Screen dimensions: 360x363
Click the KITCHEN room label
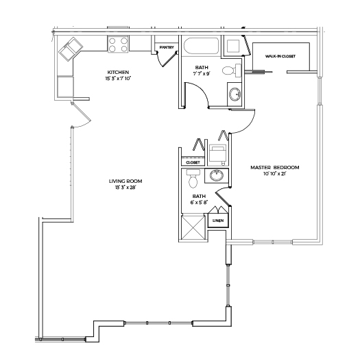pos(118,72)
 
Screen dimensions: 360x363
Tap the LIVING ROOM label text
pos(125,181)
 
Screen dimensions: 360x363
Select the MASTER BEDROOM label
pos(275,167)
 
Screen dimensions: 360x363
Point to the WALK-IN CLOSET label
pos(280,56)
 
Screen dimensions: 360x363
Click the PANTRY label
pos(167,47)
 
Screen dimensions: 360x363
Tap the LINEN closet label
pos(218,221)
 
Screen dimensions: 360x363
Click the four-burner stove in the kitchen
pos(118,45)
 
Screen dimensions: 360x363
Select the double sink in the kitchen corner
pos(71,49)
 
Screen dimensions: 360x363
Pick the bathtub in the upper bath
pos(201,46)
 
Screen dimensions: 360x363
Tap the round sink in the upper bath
pos(235,95)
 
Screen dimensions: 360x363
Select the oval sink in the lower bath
pos(217,175)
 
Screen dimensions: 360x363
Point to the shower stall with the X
pos(193,227)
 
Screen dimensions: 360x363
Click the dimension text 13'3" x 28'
pos(125,188)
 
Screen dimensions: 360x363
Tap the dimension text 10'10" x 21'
pos(275,174)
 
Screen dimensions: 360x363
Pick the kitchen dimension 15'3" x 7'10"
pos(118,79)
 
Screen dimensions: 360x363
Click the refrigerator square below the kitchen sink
pos(65,86)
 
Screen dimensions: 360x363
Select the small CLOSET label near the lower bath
pos(193,162)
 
